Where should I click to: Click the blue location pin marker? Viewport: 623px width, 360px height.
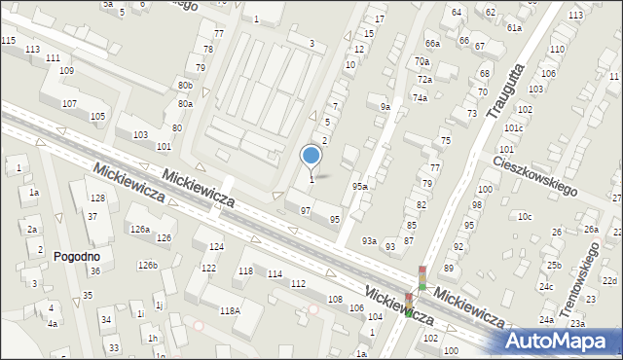[311, 156]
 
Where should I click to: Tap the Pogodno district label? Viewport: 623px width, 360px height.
[77, 257]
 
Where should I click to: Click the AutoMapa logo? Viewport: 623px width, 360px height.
[561, 341]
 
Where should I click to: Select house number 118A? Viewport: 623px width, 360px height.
[230, 310]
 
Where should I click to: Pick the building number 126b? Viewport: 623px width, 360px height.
[147, 265]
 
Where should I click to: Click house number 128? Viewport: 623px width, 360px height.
[97, 198]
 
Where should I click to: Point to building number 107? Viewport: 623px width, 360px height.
[69, 103]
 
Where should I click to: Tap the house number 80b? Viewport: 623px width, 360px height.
[185, 87]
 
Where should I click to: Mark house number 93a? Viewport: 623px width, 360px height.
[369, 240]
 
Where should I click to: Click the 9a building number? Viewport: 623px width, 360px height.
[385, 107]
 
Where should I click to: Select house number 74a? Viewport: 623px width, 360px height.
[420, 97]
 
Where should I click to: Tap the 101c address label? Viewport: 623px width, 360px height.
[514, 127]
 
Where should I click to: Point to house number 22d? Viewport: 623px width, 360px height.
[609, 280]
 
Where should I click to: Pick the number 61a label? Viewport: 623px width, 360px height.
[514, 28]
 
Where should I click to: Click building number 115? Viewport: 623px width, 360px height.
[8, 40]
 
